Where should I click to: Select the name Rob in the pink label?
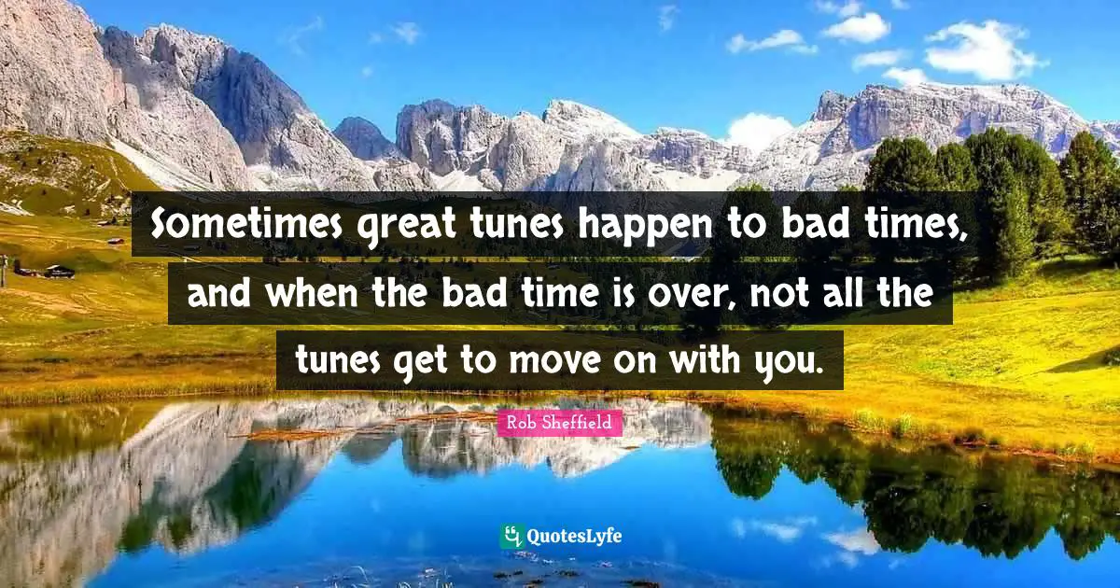(x=521, y=424)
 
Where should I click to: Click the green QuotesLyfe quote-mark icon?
(x=511, y=536)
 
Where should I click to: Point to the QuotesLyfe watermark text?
(x=573, y=537)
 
